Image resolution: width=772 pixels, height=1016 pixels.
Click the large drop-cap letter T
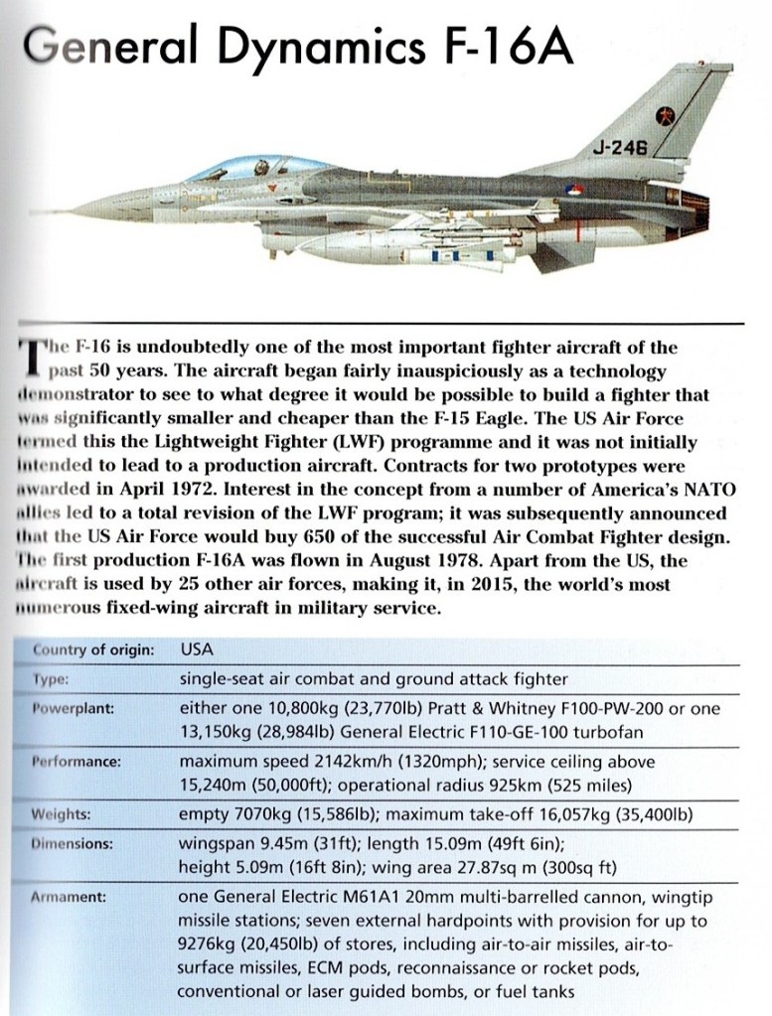click(x=29, y=361)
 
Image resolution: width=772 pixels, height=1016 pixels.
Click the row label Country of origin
click(x=93, y=651)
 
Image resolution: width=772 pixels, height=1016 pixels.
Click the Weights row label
click(x=62, y=814)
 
